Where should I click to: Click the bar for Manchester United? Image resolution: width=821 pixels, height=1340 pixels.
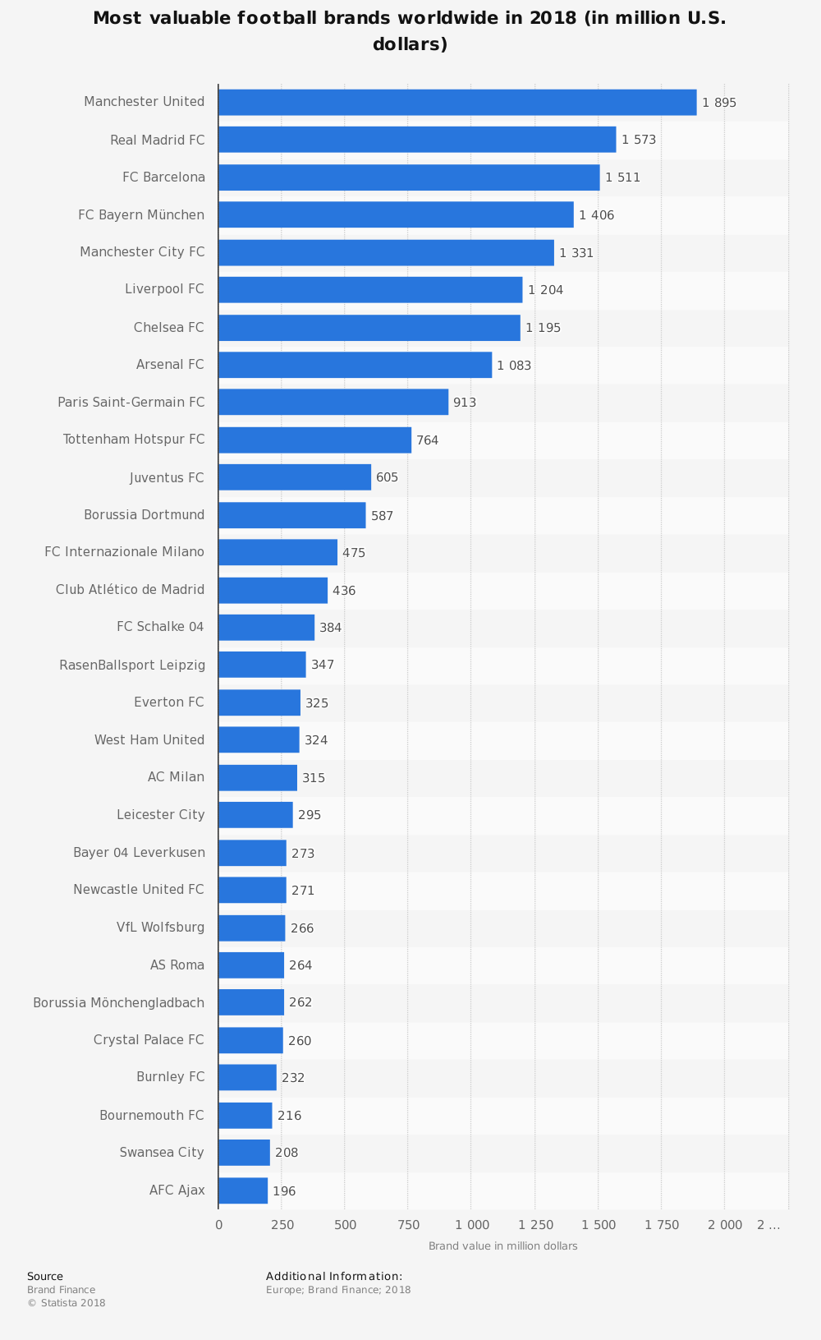click(456, 103)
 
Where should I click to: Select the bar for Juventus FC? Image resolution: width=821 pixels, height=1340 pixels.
click(294, 477)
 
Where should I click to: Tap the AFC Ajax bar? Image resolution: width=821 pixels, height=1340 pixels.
click(242, 1190)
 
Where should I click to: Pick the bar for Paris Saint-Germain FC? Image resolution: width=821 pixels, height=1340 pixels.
click(333, 403)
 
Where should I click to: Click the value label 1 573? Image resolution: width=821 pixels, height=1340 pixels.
click(639, 140)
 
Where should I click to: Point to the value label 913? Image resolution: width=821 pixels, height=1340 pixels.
click(465, 403)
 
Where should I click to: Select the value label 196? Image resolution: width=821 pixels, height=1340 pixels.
click(284, 1191)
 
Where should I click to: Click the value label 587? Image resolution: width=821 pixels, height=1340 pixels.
click(382, 516)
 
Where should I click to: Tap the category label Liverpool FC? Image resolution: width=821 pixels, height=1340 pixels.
click(164, 289)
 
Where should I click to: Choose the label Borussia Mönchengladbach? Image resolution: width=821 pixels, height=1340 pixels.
click(118, 1002)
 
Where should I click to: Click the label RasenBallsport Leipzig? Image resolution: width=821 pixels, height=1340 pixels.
click(132, 665)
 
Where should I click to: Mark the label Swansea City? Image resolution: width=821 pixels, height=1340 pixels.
click(162, 1152)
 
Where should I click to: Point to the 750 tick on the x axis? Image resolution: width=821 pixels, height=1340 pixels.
click(409, 1225)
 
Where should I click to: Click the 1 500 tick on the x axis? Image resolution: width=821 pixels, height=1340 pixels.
click(599, 1225)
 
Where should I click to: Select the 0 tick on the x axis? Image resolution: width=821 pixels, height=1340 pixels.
click(218, 1225)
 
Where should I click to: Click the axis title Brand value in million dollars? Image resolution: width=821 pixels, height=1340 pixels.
click(502, 1246)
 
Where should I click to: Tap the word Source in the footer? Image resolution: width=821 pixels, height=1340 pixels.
click(45, 1276)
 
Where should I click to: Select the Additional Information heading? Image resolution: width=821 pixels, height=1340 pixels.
click(333, 1276)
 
